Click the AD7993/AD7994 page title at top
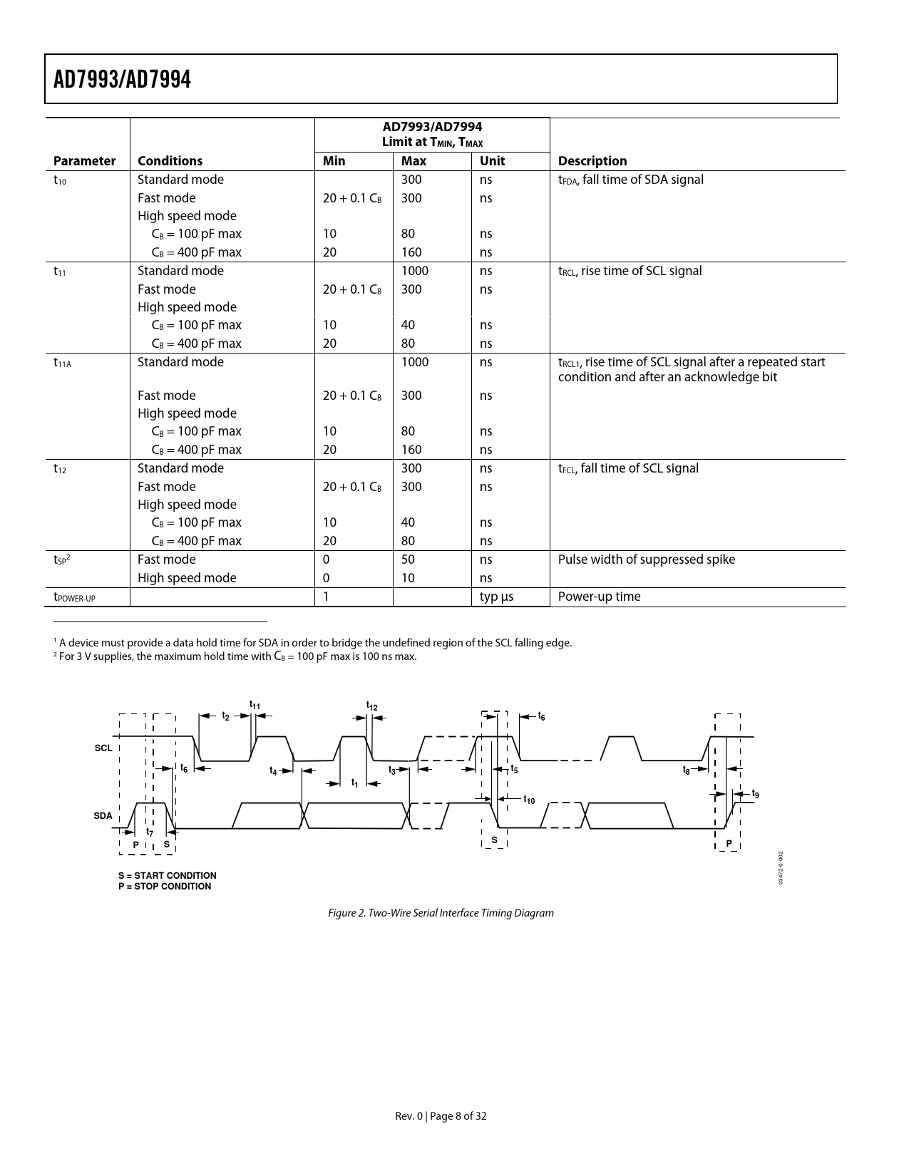[x=123, y=79]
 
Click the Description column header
[x=592, y=161]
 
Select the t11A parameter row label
[x=63, y=363]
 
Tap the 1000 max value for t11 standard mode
[x=414, y=271]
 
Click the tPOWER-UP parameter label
[x=74, y=597]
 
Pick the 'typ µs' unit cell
[x=496, y=597]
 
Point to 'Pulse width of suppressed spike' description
[x=646, y=559]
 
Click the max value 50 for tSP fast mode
[x=408, y=559]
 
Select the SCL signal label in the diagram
[x=103, y=748]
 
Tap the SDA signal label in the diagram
[x=103, y=815]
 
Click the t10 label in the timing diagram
[x=529, y=800]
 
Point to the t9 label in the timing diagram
[x=756, y=794]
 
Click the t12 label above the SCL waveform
[x=372, y=706]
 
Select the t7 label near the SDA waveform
[x=150, y=832]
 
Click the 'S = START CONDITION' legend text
[x=168, y=875]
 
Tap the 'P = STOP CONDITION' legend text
[x=165, y=887]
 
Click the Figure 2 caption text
[x=441, y=913]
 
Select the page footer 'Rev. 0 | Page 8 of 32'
[x=441, y=1116]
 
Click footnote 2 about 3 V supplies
[x=235, y=657]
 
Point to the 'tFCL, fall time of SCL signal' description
[x=628, y=468]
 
